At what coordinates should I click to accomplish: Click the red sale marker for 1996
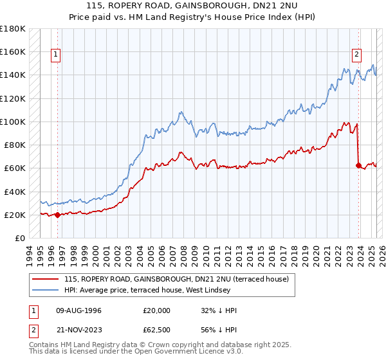(57, 215)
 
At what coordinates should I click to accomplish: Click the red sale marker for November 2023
(358, 165)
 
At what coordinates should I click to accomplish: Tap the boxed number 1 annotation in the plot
(57, 55)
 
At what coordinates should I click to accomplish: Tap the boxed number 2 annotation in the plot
(356, 55)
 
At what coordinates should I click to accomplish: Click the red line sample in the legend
(45, 279)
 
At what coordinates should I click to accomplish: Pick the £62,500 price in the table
(157, 330)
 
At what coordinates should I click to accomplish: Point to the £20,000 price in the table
(157, 310)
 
